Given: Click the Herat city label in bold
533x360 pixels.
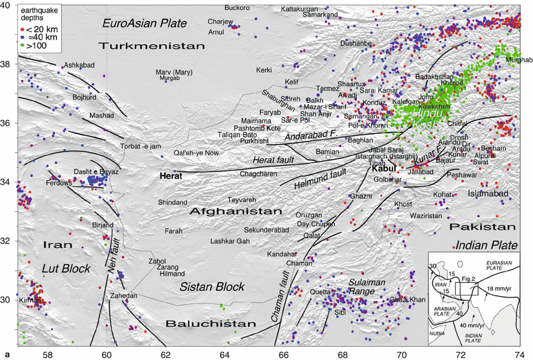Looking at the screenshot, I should pos(172,175).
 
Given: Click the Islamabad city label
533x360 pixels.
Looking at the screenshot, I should pos(488,194).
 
